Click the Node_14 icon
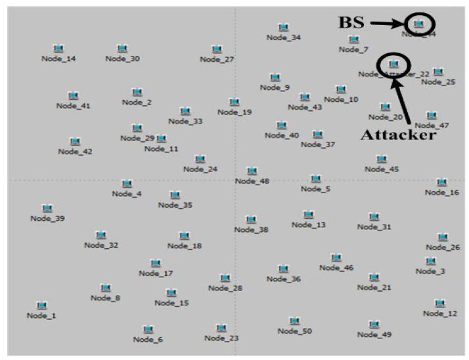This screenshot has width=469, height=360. coord(58,48)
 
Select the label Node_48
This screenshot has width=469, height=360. coord(252,181)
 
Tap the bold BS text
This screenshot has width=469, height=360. coord(351,22)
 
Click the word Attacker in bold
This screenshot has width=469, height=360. coord(398,135)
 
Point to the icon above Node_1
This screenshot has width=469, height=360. coord(41,305)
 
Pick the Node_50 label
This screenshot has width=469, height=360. coord(294,331)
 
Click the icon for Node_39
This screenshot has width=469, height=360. coord(47,208)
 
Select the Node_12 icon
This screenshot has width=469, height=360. coord(440,303)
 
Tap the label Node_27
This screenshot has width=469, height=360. coord(217,59)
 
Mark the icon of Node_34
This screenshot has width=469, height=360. coord(284,27)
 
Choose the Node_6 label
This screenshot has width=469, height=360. coord(148,340)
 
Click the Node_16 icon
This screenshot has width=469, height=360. coord(441,182)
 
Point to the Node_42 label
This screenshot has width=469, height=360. coord(76,152)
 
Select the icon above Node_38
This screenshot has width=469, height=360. coord(251,219)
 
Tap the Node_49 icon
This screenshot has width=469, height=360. coord(374,324)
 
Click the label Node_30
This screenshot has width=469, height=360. coord(122,59)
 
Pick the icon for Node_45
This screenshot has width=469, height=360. coord(382,158)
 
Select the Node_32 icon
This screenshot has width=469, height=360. coord(100,235)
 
